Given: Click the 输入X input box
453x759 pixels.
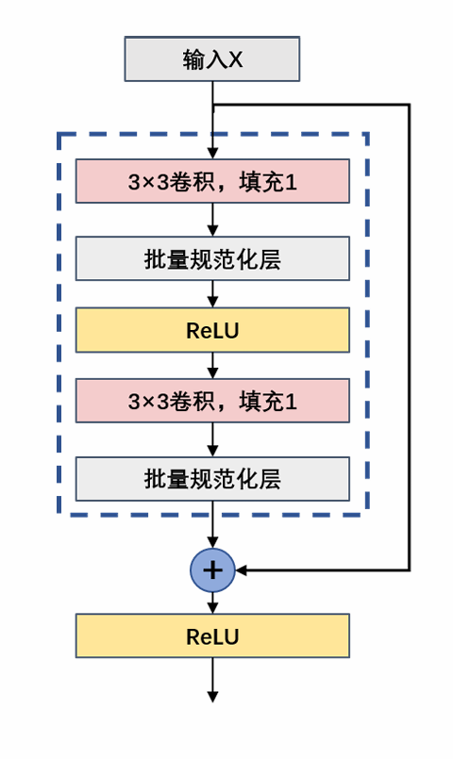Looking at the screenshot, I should (212, 59).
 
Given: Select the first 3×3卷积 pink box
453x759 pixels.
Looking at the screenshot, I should (212, 181).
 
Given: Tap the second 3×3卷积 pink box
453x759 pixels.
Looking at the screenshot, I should (212, 401).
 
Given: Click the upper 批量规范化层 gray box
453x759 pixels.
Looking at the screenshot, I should (212, 258).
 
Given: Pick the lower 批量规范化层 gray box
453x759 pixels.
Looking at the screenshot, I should (212, 479).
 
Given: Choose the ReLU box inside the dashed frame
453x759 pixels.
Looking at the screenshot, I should (212, 330).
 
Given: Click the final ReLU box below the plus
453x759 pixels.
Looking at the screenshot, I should (212, 635).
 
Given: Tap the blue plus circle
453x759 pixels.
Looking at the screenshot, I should (212, 569).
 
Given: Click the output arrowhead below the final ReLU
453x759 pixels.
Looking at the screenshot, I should (212, 697).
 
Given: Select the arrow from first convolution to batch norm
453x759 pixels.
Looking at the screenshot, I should (212, 220).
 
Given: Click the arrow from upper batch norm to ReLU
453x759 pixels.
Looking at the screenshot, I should (212, 294).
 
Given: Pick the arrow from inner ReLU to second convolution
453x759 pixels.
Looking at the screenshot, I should (212, 366).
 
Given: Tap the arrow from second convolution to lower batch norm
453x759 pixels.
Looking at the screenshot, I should (212, 439).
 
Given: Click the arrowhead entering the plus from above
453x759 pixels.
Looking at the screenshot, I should (212, 542).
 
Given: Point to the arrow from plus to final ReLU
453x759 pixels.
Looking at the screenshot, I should (212, 603).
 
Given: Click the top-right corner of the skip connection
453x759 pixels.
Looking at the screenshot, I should (409, 105).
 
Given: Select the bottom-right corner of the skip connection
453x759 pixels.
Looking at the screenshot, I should (409, 569).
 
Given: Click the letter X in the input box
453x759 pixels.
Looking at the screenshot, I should (236, 60).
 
